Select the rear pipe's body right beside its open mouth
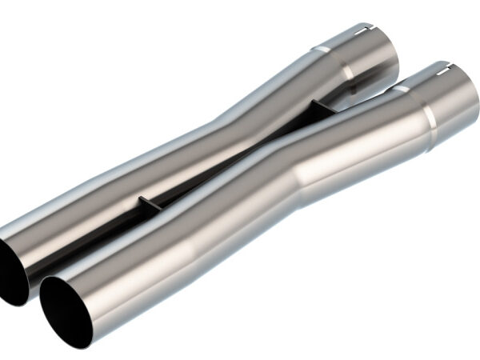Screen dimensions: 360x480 tap(48, 232)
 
